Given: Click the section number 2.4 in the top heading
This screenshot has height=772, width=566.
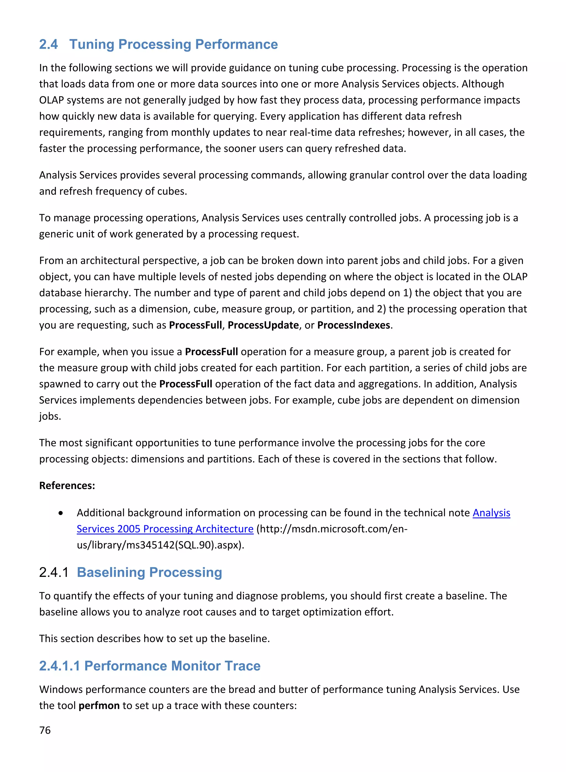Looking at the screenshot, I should (x=48, y=44).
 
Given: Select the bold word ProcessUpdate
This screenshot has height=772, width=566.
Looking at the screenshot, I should (x=263, y=325).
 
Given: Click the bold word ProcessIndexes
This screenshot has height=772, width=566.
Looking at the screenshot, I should (x=353, y=325).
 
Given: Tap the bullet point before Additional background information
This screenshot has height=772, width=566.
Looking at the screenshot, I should (x=61, y=513).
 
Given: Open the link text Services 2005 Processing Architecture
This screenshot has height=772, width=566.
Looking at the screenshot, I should (x=165, y=529).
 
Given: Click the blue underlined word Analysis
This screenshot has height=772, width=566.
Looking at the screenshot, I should (x=491, y=513).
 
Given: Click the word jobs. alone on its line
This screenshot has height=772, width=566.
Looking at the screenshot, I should (x=50, y=416).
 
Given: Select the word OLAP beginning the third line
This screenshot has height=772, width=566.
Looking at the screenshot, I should (x=51, y=100).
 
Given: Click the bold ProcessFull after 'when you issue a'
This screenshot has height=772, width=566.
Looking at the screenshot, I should (x=211, y=352).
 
